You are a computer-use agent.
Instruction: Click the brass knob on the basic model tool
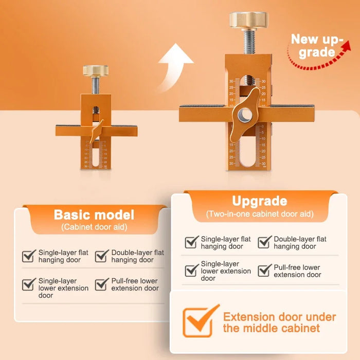[96, 70]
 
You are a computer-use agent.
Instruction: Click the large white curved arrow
[175, 67]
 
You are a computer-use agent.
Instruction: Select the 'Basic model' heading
[94, 214]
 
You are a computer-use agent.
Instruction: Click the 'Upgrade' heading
[260, 201]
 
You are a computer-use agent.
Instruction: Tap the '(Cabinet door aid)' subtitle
[94, 227]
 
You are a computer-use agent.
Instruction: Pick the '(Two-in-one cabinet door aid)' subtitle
[260, 213]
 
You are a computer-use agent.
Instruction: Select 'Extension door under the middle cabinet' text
[279, 322]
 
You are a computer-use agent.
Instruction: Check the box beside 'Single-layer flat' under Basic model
[29, 256]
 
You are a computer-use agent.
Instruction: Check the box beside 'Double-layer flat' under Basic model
[102, 256]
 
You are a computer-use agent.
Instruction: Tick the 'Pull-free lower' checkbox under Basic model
[102, 284]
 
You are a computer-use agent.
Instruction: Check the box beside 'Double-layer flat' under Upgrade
[264, 242]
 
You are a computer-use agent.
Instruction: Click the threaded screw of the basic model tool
[96, 84]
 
